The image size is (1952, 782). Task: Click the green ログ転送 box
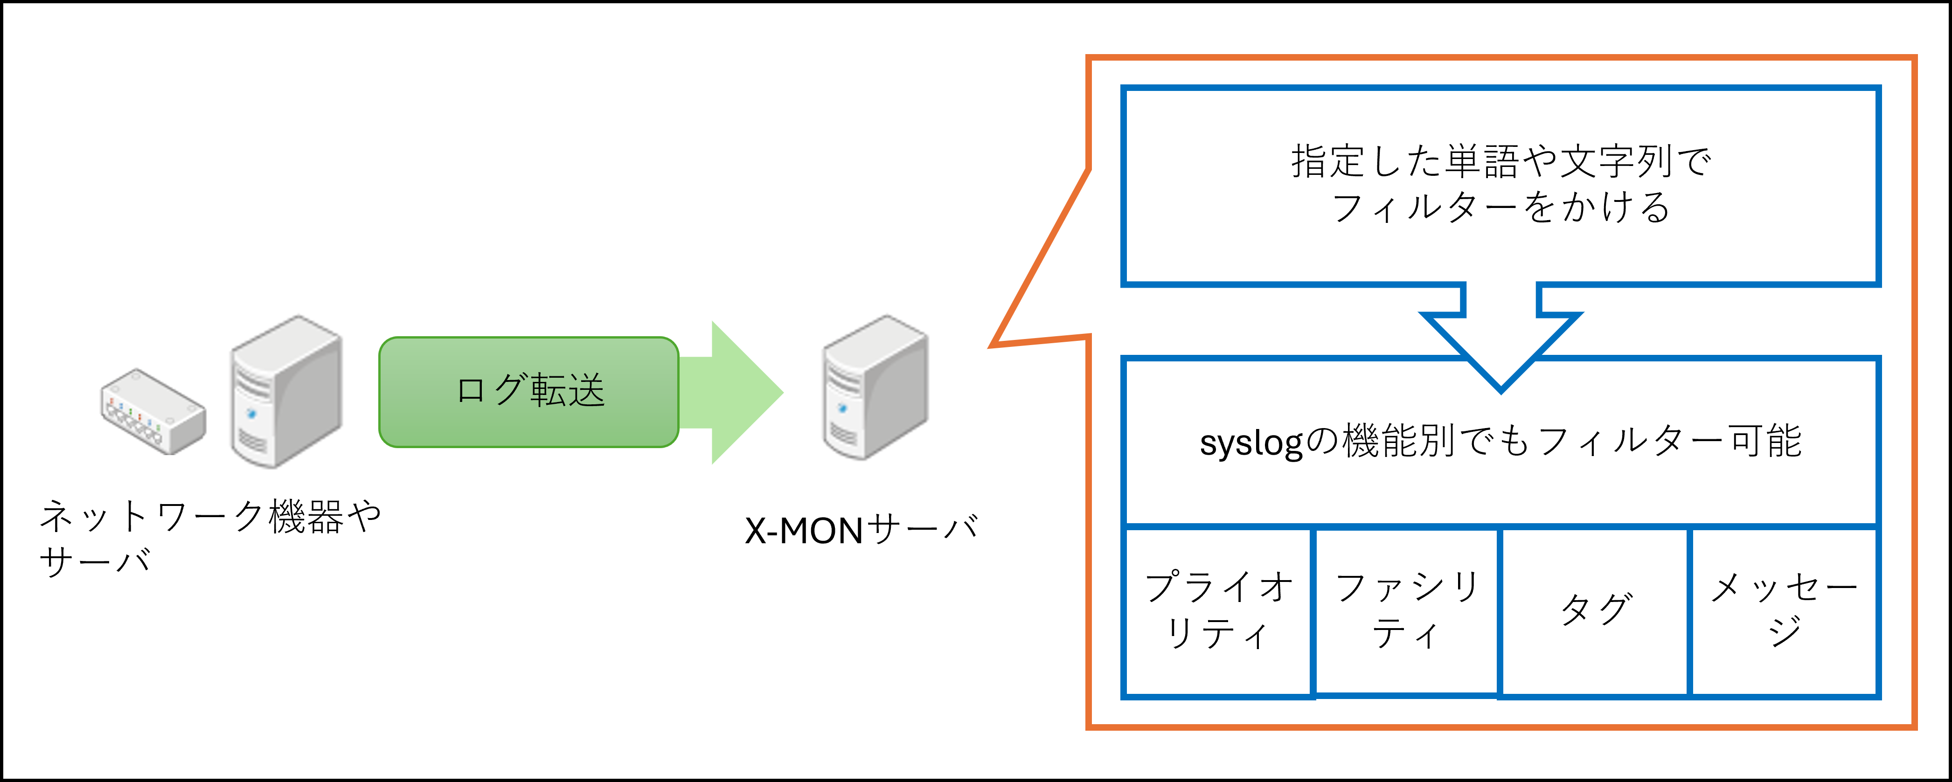click(x=528, y=392)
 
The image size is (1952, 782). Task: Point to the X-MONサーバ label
click(x=861, y=531)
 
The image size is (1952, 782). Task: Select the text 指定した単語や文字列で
click(x=1500, y=161)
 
